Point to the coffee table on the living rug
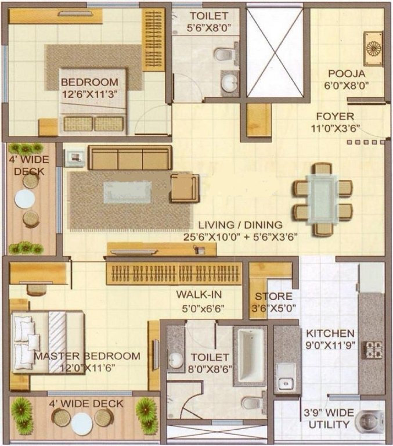coord(127,192)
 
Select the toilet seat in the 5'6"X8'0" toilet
coord(223,55)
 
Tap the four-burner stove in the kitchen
coord(373,350)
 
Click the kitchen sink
coord(286,376)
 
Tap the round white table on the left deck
coord(25,199)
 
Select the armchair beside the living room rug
coord(185,188)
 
